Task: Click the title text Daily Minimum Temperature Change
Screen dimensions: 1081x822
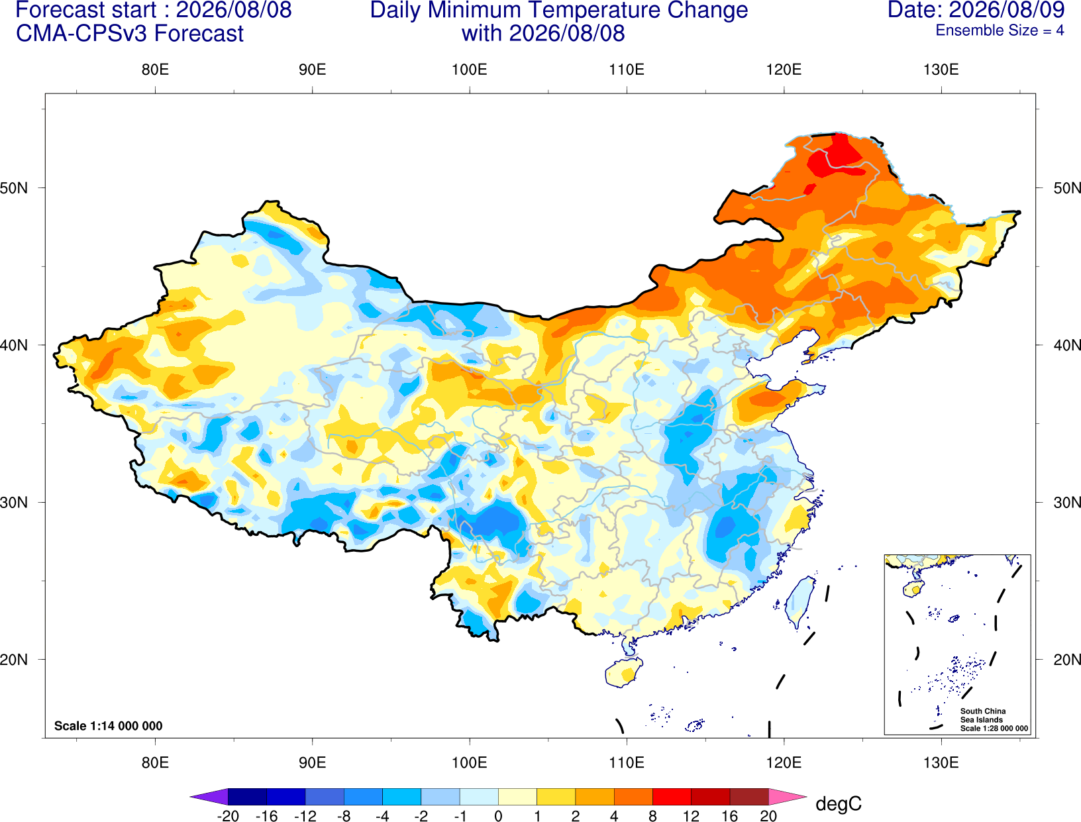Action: (559, 10)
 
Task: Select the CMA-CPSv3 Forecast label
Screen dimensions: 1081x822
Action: (130, 34)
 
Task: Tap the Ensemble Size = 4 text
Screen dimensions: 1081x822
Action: (1000, 30)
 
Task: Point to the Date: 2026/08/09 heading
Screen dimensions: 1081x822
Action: (976, 10)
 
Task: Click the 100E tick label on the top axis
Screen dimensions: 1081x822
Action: (470, 70)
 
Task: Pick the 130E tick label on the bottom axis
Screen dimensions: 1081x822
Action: (941, 763)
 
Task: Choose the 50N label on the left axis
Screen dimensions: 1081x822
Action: (14, 188)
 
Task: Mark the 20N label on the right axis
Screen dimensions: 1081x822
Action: (1067, 660)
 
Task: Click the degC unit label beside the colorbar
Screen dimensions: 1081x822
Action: (839, 803)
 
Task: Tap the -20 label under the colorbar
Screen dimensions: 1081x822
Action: (228, 816)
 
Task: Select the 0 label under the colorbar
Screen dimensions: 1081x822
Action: (498, 816)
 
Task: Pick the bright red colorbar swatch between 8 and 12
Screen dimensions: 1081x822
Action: (672, 796)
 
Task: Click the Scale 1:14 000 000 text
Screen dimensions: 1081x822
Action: (109, 725)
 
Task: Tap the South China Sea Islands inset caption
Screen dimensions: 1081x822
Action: (994, 719)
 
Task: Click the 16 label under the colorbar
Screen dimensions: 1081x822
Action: (730, 816)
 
